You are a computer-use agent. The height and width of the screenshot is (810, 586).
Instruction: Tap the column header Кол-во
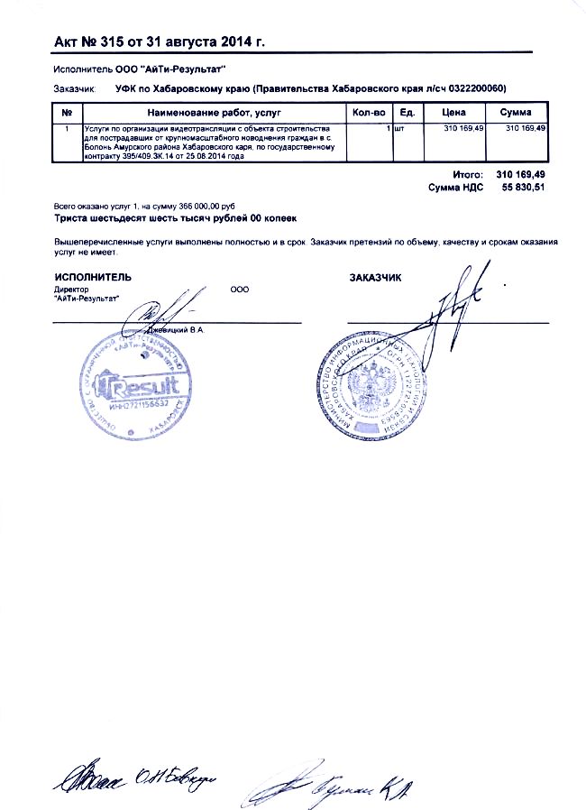(369, 113)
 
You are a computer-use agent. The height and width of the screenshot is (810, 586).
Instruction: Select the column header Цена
(454, 113)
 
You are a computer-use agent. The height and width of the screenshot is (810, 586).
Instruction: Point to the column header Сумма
(516, 113)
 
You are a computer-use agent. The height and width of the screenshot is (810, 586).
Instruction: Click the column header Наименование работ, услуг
(214, 113)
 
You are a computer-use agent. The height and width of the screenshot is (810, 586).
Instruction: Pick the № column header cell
(67, 113)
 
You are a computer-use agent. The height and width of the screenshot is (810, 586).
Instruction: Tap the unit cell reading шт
(399, 130)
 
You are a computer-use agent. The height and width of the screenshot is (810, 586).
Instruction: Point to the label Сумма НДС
(457, 187)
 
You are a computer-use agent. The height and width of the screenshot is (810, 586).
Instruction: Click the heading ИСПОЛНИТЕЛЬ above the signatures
(93, 278)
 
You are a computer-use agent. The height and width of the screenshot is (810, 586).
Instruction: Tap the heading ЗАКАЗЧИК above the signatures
(375, 278)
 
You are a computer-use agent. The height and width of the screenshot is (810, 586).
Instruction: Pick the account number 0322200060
(471, 88)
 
